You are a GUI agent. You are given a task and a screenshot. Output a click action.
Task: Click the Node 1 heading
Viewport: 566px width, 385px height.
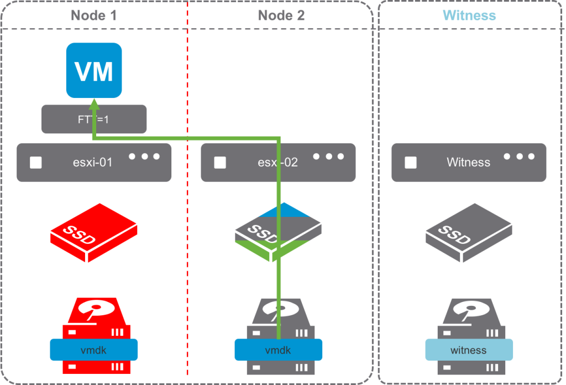coord(93,15)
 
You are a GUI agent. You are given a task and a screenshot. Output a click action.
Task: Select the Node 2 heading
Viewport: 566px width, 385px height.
coord(281,15)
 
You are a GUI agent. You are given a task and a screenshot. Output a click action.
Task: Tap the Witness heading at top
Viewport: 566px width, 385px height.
coord(469,15)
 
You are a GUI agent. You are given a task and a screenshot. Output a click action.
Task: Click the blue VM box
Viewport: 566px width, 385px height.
coord(94,70)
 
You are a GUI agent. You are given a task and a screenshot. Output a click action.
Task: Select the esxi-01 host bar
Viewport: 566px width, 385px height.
coord(94,163)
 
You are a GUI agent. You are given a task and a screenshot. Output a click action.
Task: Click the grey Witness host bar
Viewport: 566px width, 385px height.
coord(469,163)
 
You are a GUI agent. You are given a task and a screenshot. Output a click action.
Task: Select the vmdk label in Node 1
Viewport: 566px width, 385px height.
coord(93,350)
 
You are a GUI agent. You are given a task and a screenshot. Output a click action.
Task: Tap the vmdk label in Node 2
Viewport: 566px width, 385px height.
coord(278,350)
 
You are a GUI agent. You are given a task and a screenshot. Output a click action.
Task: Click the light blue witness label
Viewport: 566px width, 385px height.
coord(469,350)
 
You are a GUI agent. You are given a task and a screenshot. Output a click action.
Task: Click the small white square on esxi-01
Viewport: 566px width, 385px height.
coord(36,163)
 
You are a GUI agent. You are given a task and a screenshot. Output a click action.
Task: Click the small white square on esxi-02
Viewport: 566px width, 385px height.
coord(220,163)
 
